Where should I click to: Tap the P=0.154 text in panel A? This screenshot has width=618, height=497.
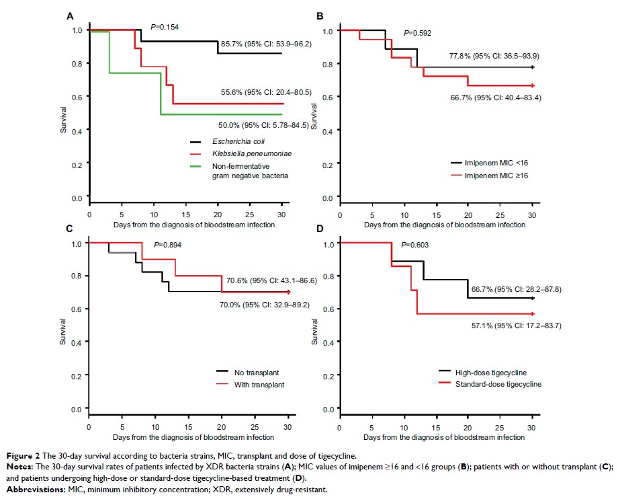point(165,27)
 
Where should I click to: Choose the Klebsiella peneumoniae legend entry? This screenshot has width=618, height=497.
point(238,155)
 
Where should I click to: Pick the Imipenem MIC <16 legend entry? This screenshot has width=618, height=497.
point(495,163)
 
